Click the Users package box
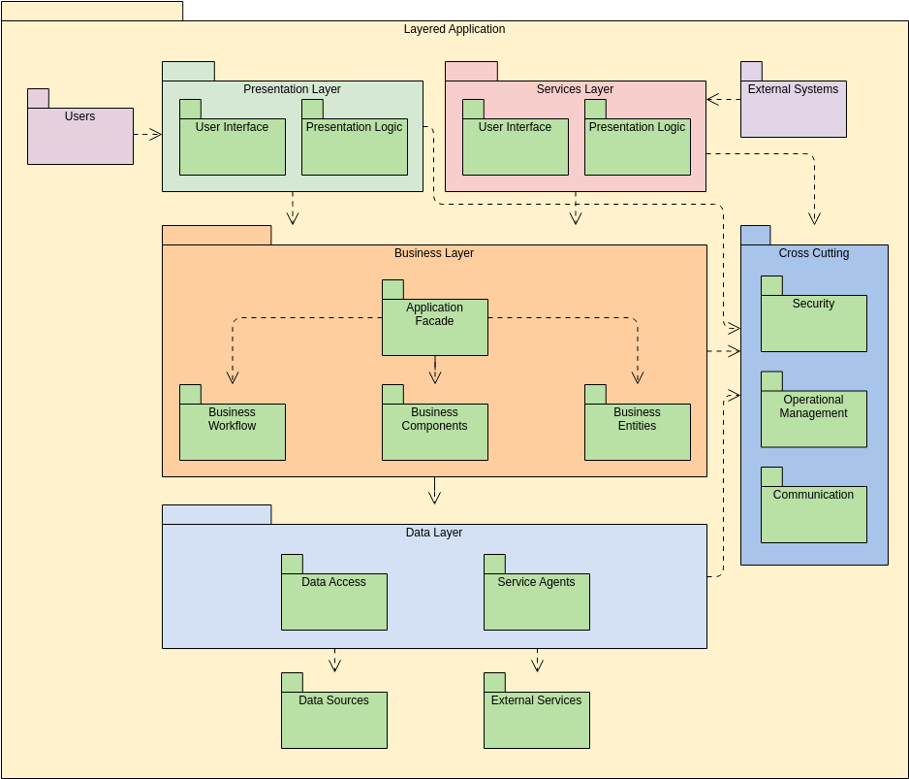(x=79, y=136)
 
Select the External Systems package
(x=793, y=109)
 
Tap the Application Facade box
(x=434, y=327)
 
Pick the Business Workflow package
(x=232, y=432)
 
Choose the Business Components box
(x=434, y=432)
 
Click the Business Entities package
(x=637, y=432)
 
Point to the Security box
(x=813, y=323)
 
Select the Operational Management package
(x=813, y=418)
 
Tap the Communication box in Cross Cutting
(x=813, y=514)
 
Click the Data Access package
(x=333, y=601)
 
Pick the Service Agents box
(x=536, y=601)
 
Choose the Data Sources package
(x=333, y=720)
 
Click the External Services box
(x=536, y=720)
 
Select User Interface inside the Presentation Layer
(x=232, y=146)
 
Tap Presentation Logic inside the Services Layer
(x=637, y=146)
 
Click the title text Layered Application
(x=454, y=29)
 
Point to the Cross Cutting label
(x=813, y=253)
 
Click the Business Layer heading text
(x=433, y=253)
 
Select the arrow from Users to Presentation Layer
(x=147, y=134)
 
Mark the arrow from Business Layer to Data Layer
(x=434, y=491)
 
